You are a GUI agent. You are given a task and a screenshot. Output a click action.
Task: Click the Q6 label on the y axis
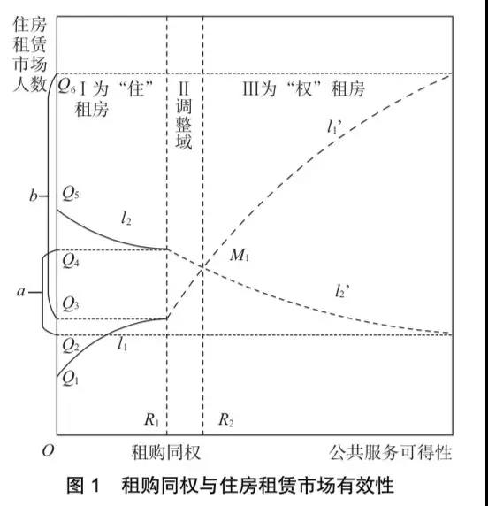pyautogui.click(x=66, y=86)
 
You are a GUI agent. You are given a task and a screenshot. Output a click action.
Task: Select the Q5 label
pyautogui.click(x=71, y=194)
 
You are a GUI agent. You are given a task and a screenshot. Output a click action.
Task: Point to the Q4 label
pyautogui.click(x=71, y=260)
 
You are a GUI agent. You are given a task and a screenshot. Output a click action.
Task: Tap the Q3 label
pyautogui.click(x=71, y=303)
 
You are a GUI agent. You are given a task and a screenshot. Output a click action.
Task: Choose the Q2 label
pyautogui.click(x=71, y=345)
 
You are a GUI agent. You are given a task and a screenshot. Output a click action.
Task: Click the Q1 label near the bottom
pyautogui.click(x=71, y=378)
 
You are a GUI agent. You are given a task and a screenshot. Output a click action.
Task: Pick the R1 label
pyautogui.click(x=151, y=419)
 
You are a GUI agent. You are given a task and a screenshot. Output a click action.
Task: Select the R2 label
pyautogui.click(x=225, y=419)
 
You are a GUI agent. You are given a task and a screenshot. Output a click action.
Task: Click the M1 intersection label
pyautogui.click(x=239, y=256)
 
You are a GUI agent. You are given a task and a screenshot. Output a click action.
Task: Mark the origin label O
pyautogui.click(x=48, y=450)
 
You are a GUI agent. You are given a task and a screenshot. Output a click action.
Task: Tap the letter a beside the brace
pyautogui.click(x=21, y=291)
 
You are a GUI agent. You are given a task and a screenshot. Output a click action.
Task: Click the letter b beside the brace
pyautogui.click(x=34, y=195)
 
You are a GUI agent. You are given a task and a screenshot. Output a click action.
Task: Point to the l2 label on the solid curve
pyautogui.click(x=126, y=218)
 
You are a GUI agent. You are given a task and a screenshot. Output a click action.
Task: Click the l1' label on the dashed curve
pyautogui.click(x=334, y=126)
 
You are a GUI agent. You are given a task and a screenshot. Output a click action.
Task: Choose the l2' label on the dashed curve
pyautogui.click(x=342, y=291)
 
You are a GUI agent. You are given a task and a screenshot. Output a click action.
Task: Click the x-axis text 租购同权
pyautogui.click(x=166, y=452)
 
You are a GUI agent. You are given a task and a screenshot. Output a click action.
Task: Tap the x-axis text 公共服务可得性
pyautogui.click(x=390, y=452)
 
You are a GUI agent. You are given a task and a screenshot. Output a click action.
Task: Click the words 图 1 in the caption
pyautogui.click(x=83, y=485)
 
